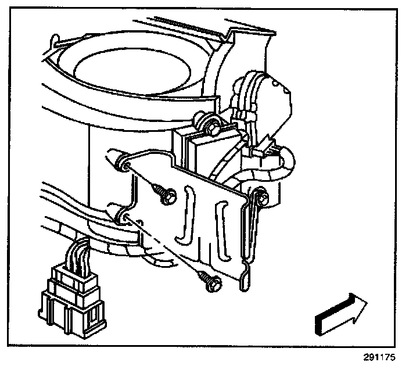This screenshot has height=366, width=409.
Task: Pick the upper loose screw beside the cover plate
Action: point(163,194)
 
